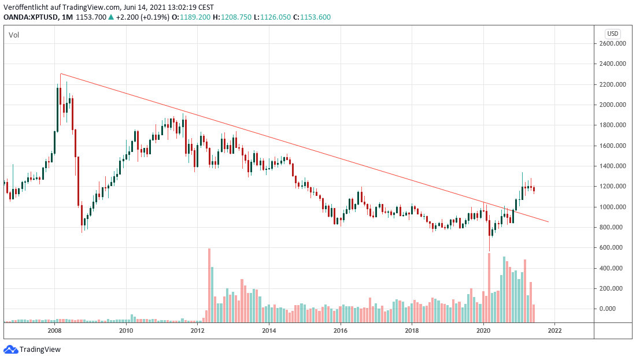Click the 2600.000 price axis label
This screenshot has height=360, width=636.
point(614,43)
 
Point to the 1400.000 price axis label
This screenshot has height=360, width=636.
point(614,166)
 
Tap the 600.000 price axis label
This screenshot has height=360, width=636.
point(614,248)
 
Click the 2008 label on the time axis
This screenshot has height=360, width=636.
point(55,331)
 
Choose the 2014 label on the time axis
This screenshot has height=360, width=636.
point(269,331)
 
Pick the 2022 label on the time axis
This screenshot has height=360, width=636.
point(554,331)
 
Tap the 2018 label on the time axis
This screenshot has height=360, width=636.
point(412,331)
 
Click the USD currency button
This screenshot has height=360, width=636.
point(612,34)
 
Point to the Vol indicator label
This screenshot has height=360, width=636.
point(14,35)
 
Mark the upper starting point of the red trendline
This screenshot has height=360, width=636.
point(61,74)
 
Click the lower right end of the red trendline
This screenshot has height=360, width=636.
point(548,222)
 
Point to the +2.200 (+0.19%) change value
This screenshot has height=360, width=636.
point(142,17)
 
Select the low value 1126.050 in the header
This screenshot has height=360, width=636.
point(278,17)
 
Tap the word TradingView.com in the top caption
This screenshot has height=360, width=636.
point(93,8)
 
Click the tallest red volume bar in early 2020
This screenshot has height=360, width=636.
point(489,287)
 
